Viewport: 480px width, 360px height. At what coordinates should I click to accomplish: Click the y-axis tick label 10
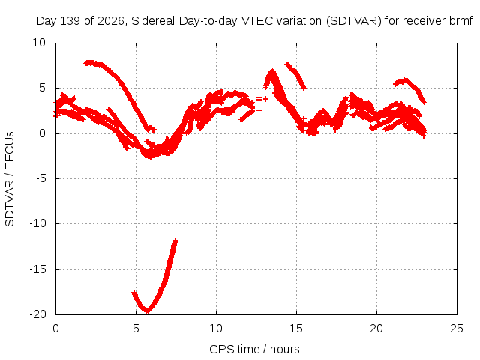39,43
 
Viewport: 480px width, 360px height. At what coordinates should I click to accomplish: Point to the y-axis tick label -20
37,314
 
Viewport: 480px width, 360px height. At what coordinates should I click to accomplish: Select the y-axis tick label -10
37,223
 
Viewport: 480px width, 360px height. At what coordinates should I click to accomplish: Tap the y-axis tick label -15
37,269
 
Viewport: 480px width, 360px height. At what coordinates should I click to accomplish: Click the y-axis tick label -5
40,178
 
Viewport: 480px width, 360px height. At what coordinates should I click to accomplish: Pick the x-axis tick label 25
457,328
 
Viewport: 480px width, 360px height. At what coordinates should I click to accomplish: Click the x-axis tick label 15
296,328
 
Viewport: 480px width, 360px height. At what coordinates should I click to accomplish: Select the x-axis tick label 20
376,328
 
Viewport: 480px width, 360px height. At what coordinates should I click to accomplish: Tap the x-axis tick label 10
216,328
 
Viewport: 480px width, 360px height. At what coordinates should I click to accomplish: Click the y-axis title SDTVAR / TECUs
10,179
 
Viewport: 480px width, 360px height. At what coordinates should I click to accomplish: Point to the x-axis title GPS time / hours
254,349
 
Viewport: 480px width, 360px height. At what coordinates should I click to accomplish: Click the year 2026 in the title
111,21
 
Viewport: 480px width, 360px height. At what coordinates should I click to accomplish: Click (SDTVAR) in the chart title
354,21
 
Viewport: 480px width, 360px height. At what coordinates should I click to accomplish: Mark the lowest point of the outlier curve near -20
148,311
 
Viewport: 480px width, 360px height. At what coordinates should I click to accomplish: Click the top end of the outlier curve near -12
175,241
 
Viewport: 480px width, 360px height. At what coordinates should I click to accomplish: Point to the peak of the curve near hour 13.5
271,71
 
